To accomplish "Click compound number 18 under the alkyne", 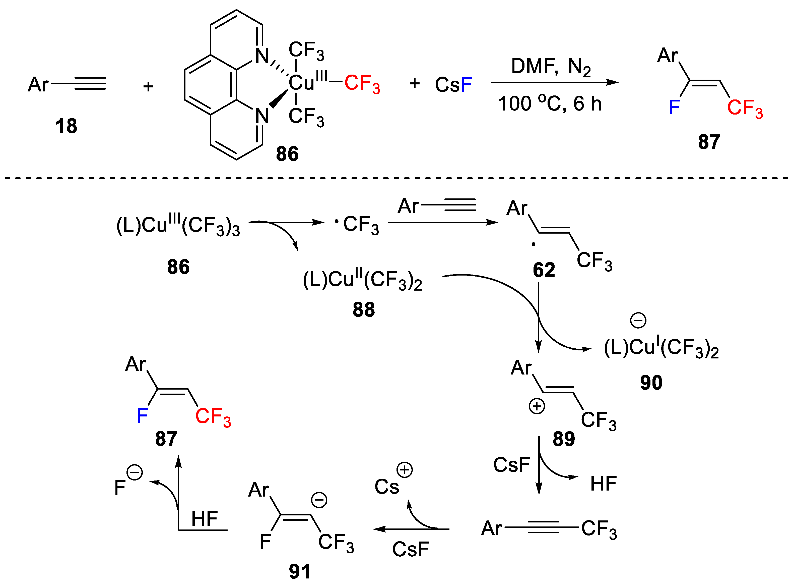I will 66,126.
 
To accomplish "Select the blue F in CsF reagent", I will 466,85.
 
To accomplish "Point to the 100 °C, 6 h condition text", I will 550,104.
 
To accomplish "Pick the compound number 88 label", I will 363,309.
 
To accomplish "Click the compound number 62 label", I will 544,270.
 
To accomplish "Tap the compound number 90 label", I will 651,383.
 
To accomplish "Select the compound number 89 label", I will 564,439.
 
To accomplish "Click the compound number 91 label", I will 300,572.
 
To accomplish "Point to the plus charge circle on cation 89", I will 537,406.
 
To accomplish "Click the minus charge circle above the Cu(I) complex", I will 638,321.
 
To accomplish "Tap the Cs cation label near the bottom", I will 387,487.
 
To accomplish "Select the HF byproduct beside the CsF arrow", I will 603,484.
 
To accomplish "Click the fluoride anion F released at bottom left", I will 120,488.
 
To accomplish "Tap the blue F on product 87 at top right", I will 674,107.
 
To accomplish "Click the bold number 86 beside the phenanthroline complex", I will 287,154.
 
